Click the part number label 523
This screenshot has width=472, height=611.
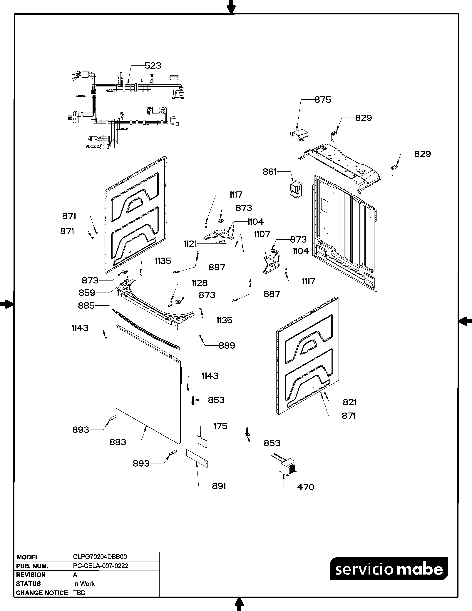(153, 66)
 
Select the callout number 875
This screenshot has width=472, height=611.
(322, 100)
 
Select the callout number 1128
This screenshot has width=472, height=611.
(199, 283)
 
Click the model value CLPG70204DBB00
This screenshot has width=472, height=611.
(100, 557)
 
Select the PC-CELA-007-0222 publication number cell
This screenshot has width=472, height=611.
(100, 566)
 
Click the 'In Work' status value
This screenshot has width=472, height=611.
(84, 584)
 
